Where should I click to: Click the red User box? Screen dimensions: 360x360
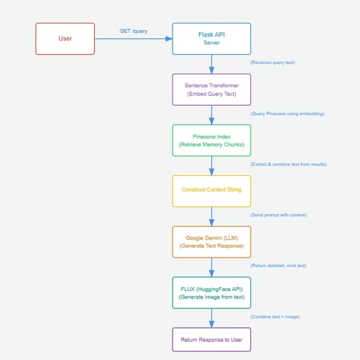tap(65, 38)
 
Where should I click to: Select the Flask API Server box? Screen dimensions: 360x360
tap(211, 38)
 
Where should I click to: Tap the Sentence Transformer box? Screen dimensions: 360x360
tap(211, 89)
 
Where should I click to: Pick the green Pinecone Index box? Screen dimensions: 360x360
tap(211, 140)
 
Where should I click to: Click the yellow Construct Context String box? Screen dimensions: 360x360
tap(211, 190)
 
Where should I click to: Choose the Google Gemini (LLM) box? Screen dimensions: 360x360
tap(211, 242)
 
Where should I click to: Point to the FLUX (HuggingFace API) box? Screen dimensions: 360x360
tap(211, 292)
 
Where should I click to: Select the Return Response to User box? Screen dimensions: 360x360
tap(211, 339)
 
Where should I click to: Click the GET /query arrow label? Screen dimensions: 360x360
tap(133, 31)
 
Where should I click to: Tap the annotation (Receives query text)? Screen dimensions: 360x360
tap(273, 63)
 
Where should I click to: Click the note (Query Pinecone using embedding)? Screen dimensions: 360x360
tap(287, 114)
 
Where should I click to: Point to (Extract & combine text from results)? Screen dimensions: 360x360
tap(288, 164)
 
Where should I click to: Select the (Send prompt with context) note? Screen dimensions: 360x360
tap(278, 215)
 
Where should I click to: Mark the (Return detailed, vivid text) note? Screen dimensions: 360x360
tap(278, 266)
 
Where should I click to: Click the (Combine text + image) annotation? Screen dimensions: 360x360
tap(275, 317)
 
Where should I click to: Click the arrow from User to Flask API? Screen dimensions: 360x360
tap(133, 39)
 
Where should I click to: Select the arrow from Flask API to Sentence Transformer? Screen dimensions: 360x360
tap(211, 64)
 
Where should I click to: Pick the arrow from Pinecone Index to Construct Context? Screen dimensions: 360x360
tap(211, 165)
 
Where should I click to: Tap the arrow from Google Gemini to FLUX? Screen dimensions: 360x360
tap(211, 267)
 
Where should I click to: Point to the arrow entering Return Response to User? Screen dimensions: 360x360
tap(211, 318)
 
